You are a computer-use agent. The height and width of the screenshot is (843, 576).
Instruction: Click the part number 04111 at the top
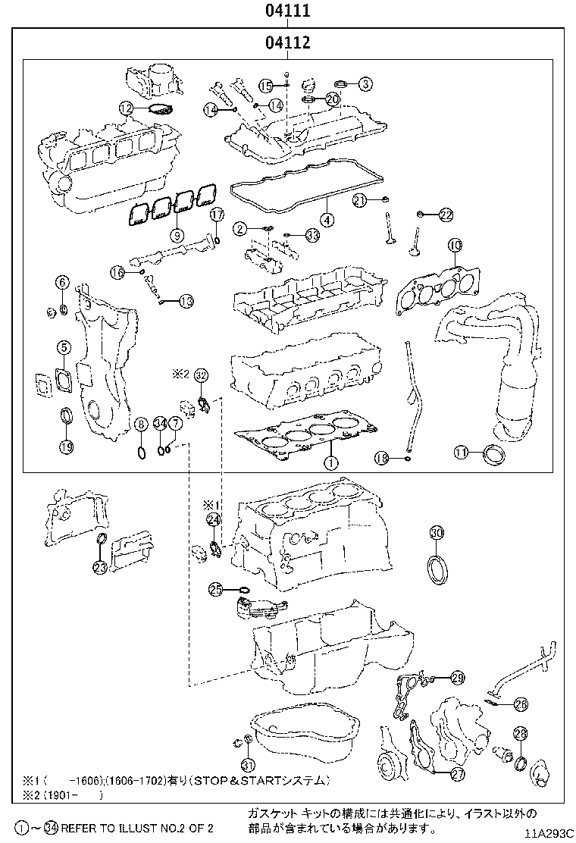pyautogui.click(x=288, y=11)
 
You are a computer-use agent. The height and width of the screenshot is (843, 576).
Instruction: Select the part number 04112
pyautogui.click(x=288, y=43)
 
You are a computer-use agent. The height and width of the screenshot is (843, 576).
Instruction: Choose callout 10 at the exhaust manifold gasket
pyautogui.click(x=454, y=245)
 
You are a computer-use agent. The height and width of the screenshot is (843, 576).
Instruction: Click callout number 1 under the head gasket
pyautogui.click(x=330, y=462)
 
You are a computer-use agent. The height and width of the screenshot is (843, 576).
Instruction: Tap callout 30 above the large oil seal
pyautogui.click(x=436, y=533)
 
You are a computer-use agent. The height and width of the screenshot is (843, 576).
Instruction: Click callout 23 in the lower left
pyautogui.click(x=100, y=566)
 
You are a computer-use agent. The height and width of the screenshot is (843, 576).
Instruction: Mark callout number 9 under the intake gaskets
pyautogui.click(x=177, y=234)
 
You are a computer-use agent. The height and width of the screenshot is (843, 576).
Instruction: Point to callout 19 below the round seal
pyautogui.click(x=67, y=447)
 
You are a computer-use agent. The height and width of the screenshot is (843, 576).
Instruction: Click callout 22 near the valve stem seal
pyautogui.click(x=445, y=215)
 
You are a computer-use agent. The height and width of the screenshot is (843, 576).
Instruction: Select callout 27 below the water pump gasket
pyautogui.click(x=457, y=774)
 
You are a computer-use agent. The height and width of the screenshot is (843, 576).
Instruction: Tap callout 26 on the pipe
pyautogui.click(x=520, y=705)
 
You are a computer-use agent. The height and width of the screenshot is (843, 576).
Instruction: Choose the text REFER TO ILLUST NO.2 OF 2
pyautogui.click(x=136, y=828)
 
